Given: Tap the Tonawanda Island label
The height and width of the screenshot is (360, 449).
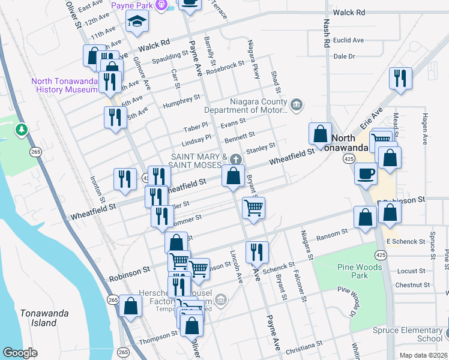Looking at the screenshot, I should pos(44,318).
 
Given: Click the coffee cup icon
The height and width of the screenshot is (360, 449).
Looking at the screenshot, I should pos(366,175).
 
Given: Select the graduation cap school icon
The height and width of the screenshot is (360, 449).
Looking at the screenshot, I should pos(137,22).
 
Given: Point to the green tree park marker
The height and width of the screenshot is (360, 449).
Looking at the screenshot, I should pos(22,129).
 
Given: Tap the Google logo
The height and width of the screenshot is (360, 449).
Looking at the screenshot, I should pos(20,352).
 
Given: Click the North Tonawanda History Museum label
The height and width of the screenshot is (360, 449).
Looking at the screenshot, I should pos(65,85).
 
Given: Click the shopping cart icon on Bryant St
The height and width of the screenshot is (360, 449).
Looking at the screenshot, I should pos(253,208).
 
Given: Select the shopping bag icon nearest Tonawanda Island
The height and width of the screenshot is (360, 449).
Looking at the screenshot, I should pos(130,305).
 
